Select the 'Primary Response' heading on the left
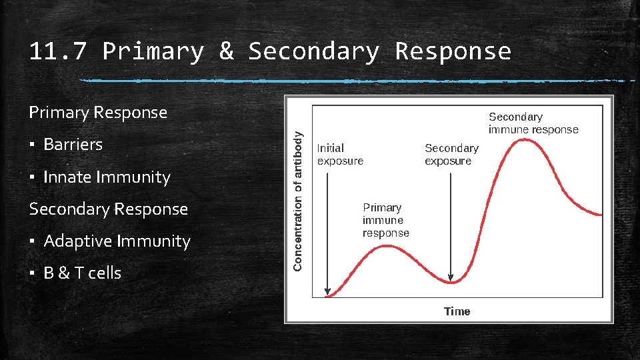pyautogui.click(x=98, y=112)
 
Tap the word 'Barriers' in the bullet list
pyautogui.click(x=73, y=144)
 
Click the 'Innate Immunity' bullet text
pyautogui.click(x=107, y=177)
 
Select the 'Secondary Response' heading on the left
pyautogui.click(x=108, y=209)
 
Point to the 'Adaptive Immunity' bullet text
pyautogui.click(x=117, y=241)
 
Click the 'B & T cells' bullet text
pyautogui.click(x=82, y=273)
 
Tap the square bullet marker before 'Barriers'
pyautogui.click(x=32, y=145)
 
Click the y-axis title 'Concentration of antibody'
pyautogui.click(x=298, y=200)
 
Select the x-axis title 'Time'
pyautogui.click(x=457, y=311)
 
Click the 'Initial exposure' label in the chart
pyautogui.click(x=340, y=155)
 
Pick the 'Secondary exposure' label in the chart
pyautogui.click(x=451, y=155)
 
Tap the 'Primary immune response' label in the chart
pyautogui.click(x=385, y=220)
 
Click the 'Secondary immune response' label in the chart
pyautogui.click(x=533, y=123)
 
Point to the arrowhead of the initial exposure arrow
pyautogui.click(x=327, y=291)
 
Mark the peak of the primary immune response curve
pyautogui.click(x=387, y=246)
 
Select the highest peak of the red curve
pyautogui.click(x=527, y=139)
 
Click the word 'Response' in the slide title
pyautogui.click(x=453, y=51)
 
